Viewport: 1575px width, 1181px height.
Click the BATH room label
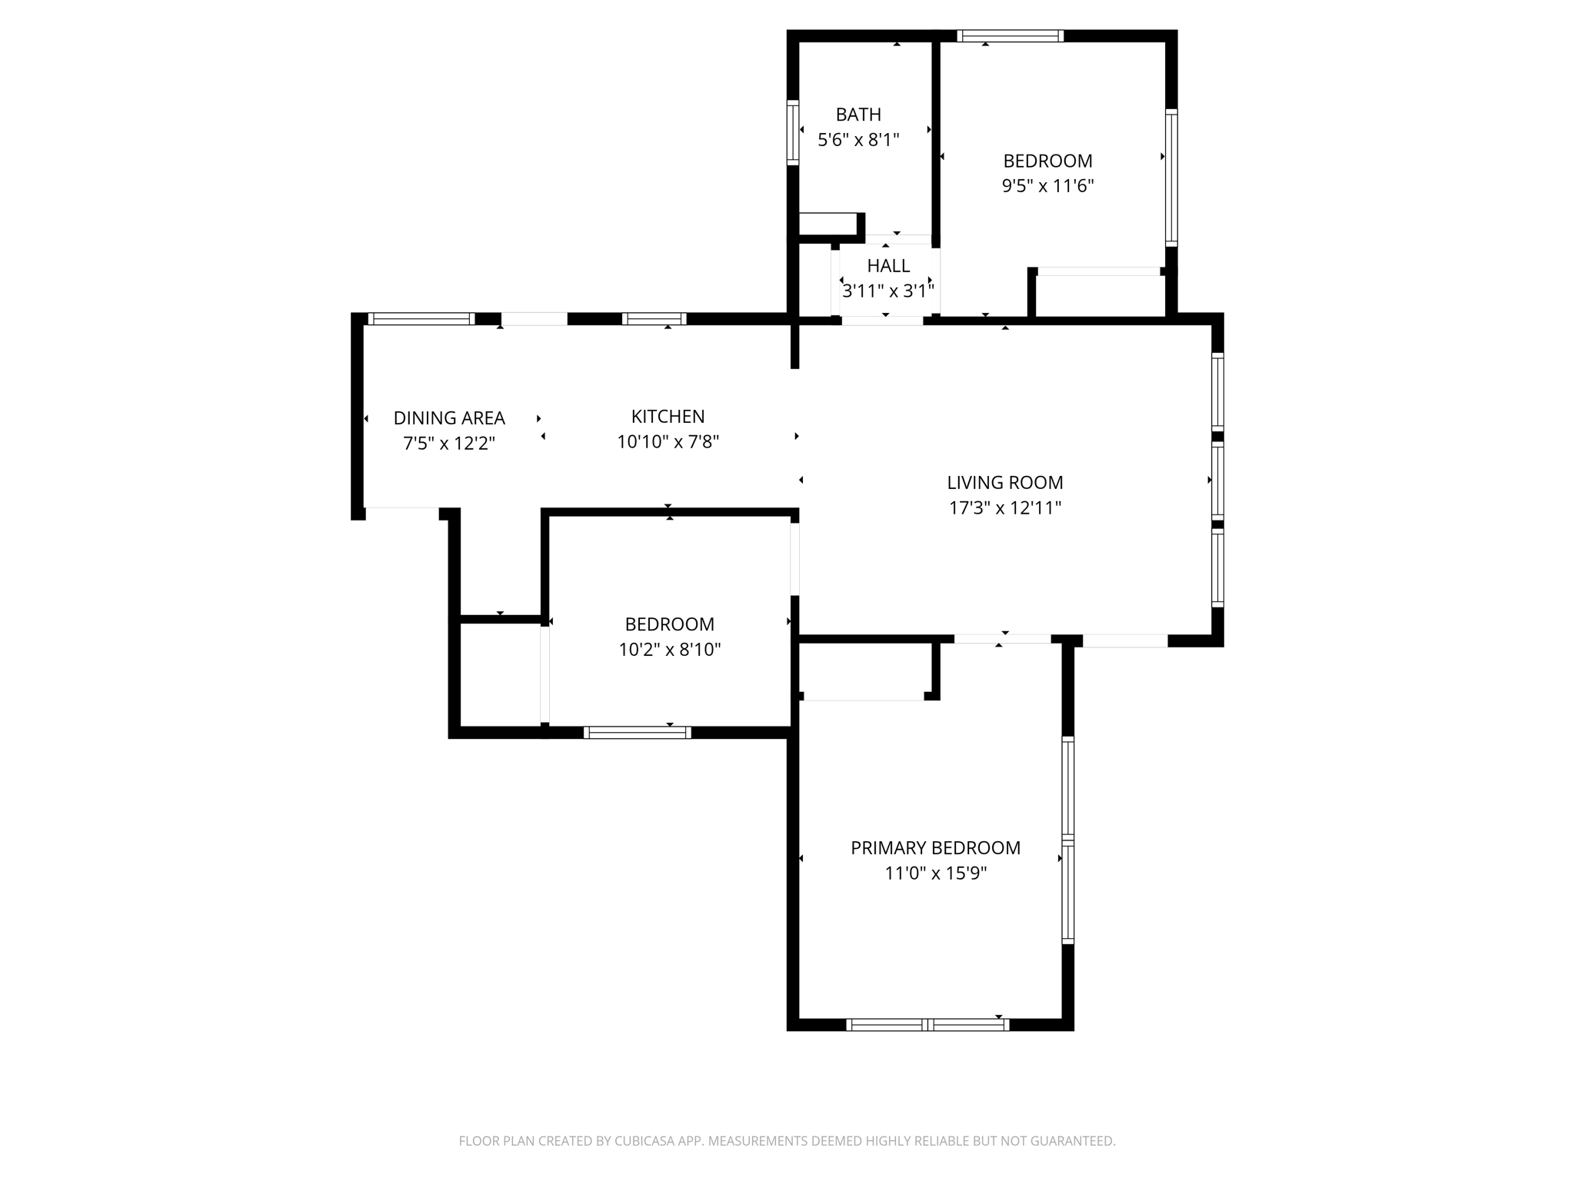click(x=858, y=115)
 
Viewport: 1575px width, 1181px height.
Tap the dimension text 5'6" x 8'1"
click(x=858, y=140)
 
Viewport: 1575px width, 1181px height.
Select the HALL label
click(x=888, y=266)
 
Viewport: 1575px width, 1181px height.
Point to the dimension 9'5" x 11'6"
click(x=1047, y=186)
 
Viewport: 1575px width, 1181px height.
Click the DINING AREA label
click(x=449, y=418)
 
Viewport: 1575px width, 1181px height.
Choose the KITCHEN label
click(x=668, y=417)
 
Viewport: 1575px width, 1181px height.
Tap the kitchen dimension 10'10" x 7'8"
click(x=668, y=442)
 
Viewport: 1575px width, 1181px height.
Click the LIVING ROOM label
click(x=1004, y=483)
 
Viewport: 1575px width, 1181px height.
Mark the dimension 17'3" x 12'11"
click(x=1004, y=508)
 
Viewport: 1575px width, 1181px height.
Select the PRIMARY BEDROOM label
click(x=935, y=848)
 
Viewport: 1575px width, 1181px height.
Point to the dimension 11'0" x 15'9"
click(x=935, y=873)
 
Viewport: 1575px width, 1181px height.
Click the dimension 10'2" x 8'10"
click(x=669, y=650)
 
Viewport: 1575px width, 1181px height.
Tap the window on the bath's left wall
click(x=793, y=131)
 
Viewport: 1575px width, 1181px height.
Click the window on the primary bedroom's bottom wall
click(x=927, y=1024)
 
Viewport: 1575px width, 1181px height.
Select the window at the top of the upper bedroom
click(x=1010, y=35)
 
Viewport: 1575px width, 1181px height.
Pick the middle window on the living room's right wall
click(x=1217, y=479)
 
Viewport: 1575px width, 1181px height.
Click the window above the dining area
click(x=421, y=319)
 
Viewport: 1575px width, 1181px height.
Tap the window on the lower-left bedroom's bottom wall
click(x=637, y=733)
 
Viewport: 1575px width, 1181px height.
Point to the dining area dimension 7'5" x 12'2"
click(x=449, y=444)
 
